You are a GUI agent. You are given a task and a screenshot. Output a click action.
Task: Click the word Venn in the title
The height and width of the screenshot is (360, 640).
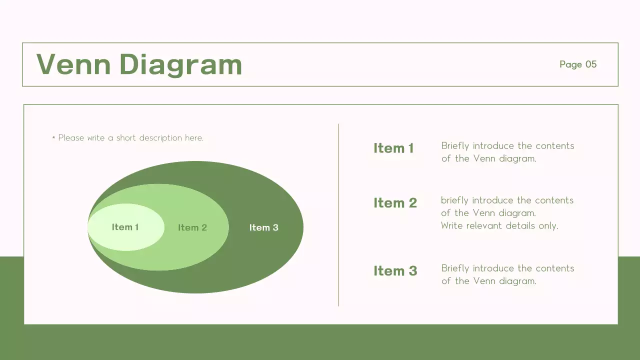click(x=73, y=64)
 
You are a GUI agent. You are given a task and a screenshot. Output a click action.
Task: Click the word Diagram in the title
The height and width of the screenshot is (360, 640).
click(x=180, y=64)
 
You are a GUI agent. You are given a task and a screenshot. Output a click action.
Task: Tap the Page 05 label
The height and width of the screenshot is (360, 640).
click(x=577, y=64)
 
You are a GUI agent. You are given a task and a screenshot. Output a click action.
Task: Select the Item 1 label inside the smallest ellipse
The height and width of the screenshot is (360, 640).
click(x=125, y=227)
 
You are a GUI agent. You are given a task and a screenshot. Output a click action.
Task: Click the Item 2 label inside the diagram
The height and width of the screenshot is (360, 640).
click(x=192, y=227)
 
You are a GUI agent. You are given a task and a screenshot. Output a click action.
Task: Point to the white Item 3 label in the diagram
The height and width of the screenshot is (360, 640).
click(x=263, y=227)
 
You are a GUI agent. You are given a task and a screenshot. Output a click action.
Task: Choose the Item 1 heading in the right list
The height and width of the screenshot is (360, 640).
click(x=393, y=148)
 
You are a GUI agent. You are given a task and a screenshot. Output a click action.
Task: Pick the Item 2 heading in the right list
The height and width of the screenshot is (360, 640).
click(x=395, y=202)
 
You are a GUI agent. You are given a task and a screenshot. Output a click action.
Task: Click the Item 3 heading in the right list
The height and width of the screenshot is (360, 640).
click(x=395, y=270)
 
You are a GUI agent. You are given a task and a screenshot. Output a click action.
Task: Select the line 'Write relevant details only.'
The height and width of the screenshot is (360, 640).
click(x=499, y=225)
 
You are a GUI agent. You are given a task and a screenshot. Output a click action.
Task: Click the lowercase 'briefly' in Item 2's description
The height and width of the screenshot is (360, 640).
click(x=454, y=200)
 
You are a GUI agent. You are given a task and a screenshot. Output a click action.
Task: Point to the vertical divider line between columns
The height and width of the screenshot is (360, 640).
click(x=338, y=215)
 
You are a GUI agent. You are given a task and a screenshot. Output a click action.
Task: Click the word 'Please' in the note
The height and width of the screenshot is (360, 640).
click(x=71, y=138)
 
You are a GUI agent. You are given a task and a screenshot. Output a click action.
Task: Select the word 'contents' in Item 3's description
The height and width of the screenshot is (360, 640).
click(x=554, y=268)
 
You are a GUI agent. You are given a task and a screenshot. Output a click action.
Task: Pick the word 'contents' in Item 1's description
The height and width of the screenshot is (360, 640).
click(x=554, y=146)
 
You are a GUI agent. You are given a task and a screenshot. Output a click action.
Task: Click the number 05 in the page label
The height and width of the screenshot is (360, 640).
click(x=591, y=64)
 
